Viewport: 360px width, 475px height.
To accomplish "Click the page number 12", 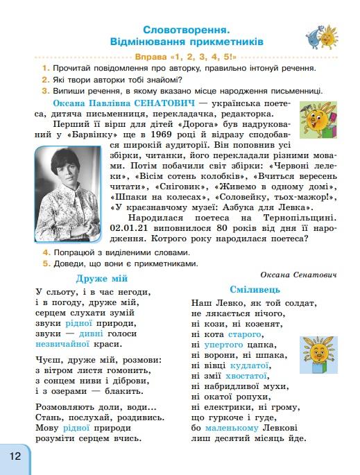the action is point(15,456).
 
